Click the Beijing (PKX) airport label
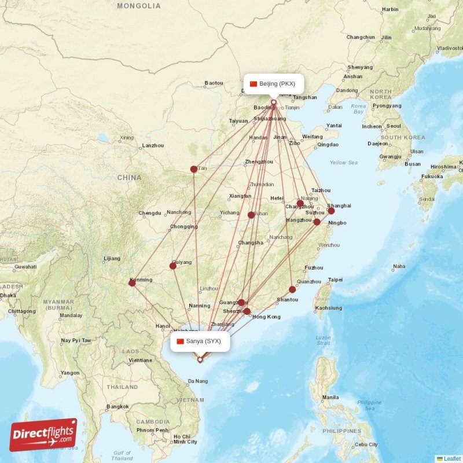click(x=273, y=84)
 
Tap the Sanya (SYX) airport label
click(x=200, y=341)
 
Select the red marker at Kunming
click(x=132, y=283)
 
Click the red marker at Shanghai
click(x=331, y=211)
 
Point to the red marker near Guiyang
click(x=172, y=266)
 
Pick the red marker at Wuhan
click(x=251, y=215)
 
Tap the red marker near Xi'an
click(x=194, y=170)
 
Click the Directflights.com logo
click(x=43, y=435)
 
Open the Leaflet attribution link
click(x=451, y=458)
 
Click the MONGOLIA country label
click(x=139, y=6)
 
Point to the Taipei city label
click(x=335, y=280)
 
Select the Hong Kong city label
click(x=266, y=317)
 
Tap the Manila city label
click(x=331, y=398)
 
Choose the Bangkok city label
click(x=117, y=406)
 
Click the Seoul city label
click(x=394, y=126)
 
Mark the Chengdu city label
click(x=150, y=213)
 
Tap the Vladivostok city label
click(x=450, y=48)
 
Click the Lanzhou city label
click(x=153, y=146)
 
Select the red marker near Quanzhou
click(x=292, y=289)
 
